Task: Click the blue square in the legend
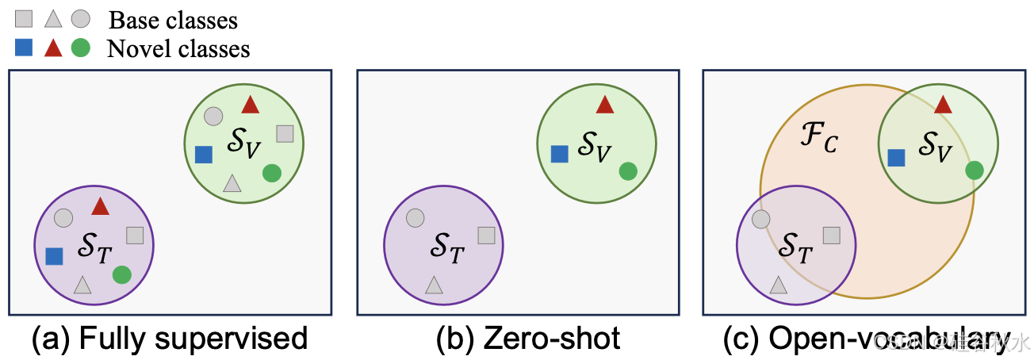[25, 48]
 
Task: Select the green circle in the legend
[80, 48]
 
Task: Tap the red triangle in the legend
[53, 48]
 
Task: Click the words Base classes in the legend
[173, 19]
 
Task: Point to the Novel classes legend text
[178, 48]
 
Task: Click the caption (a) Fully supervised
[169, 339]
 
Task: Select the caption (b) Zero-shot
[528, 339]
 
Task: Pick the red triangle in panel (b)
[605, 105]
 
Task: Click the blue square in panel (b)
[560, 154]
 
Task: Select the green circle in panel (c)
[975, 169]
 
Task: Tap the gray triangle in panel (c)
[778, 284]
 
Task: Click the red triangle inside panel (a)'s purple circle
[100, 207]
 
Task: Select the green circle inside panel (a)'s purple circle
[121, 274]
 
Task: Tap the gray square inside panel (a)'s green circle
[285, 134]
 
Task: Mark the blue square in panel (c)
[897, 158]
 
